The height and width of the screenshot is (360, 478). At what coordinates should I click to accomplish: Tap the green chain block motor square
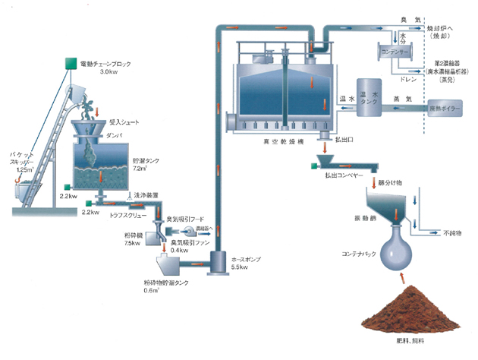coord(70,60)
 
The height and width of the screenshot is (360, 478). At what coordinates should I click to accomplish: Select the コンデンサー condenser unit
coord(392,52)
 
